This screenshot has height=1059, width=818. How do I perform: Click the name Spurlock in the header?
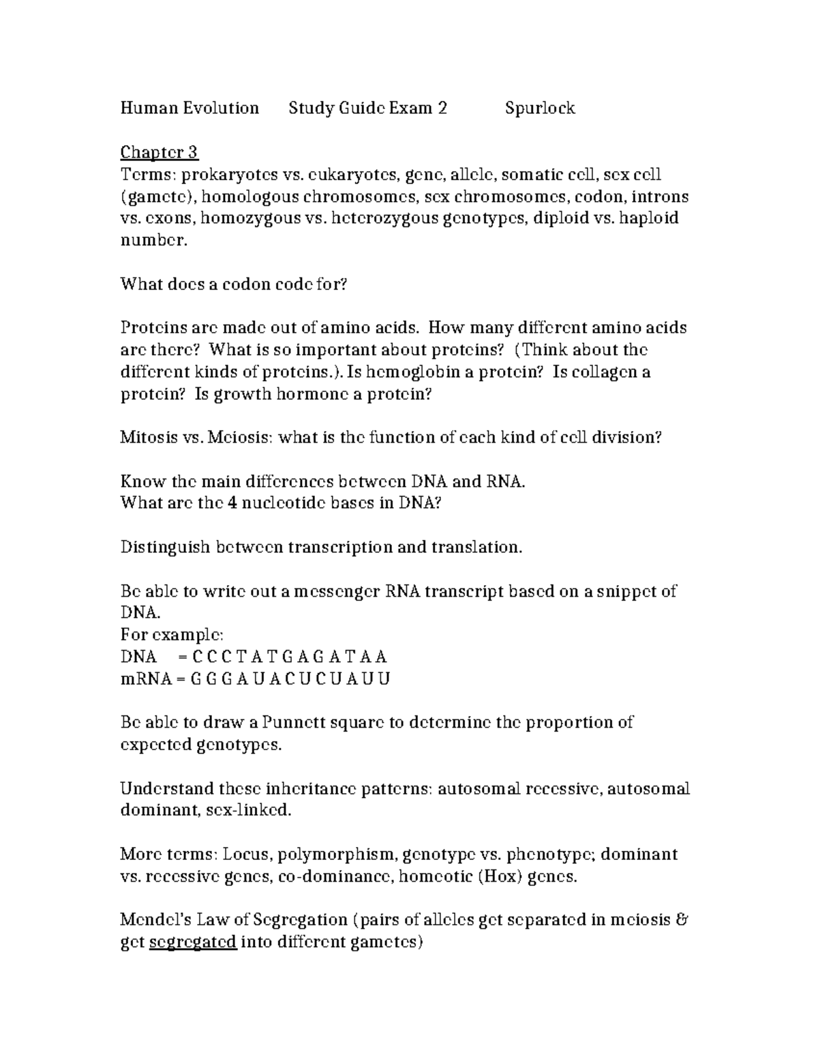click(540, 108)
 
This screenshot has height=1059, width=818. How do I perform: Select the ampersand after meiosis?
click(681, 921)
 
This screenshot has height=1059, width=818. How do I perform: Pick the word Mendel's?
click(155, 921)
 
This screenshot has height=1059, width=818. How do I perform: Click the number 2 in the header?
click(442, 108)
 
